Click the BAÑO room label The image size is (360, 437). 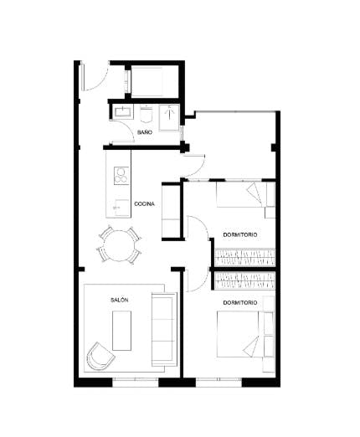pyautogui.click(x=145, y=132)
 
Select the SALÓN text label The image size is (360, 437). pyautogui.click(x=119, y=299)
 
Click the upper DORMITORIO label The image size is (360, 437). pyautogui.click(x=239, y=234)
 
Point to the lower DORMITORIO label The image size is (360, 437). pyautogui.click(x=239, y=301)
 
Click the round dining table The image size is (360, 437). pyautogui.click(x=119, y=244)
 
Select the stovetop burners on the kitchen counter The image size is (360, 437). pyautogui.click(x=121, y=176)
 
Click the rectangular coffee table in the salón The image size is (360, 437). pyautogui.click(x=122, y=330)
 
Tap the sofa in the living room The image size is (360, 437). pyautogui.click(x=162, y=330)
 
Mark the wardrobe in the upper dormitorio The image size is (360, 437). pyautogui.click(x=244, y=254)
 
